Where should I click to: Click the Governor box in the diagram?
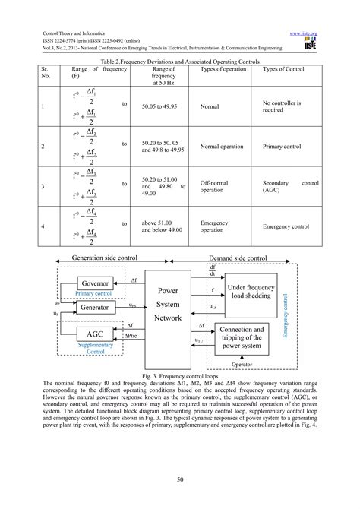coord(96,284)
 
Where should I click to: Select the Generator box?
coord(96,309)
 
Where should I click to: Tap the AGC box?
coord(96,334)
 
